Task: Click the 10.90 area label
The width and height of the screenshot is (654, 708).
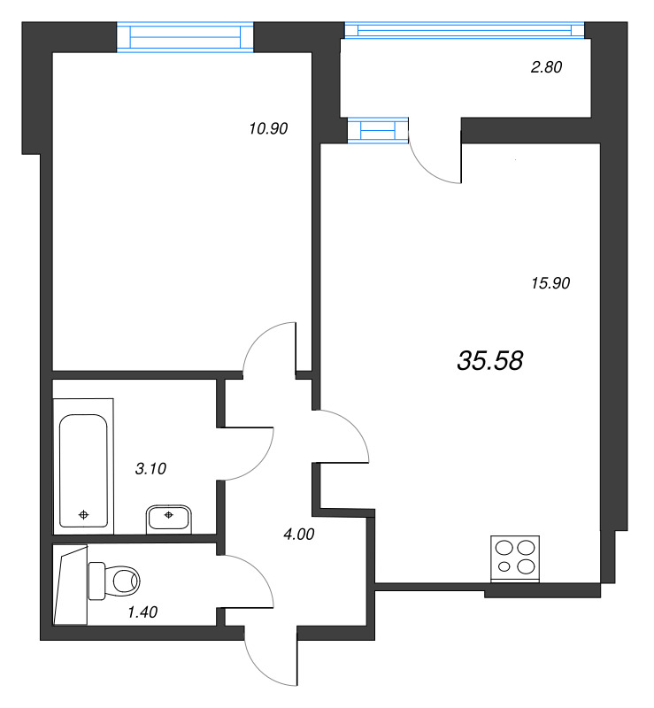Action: [x=269, y=128]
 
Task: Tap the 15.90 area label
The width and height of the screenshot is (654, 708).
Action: [x=550, y=283]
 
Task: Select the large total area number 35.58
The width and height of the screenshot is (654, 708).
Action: [x=491, y=360]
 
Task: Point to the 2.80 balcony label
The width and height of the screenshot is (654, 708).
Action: [x=545, y=66]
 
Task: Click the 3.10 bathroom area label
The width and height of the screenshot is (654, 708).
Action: [x=150, y=469]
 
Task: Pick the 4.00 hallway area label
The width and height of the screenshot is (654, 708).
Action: [x=297, y=534]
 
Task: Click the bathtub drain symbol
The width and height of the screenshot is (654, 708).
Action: [x=84, y=513]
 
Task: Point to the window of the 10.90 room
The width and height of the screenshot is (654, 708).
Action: [x=185, y=36]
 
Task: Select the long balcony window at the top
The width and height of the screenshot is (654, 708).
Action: [x=465, y=30]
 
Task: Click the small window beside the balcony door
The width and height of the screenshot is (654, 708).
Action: [x=378, y=131]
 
